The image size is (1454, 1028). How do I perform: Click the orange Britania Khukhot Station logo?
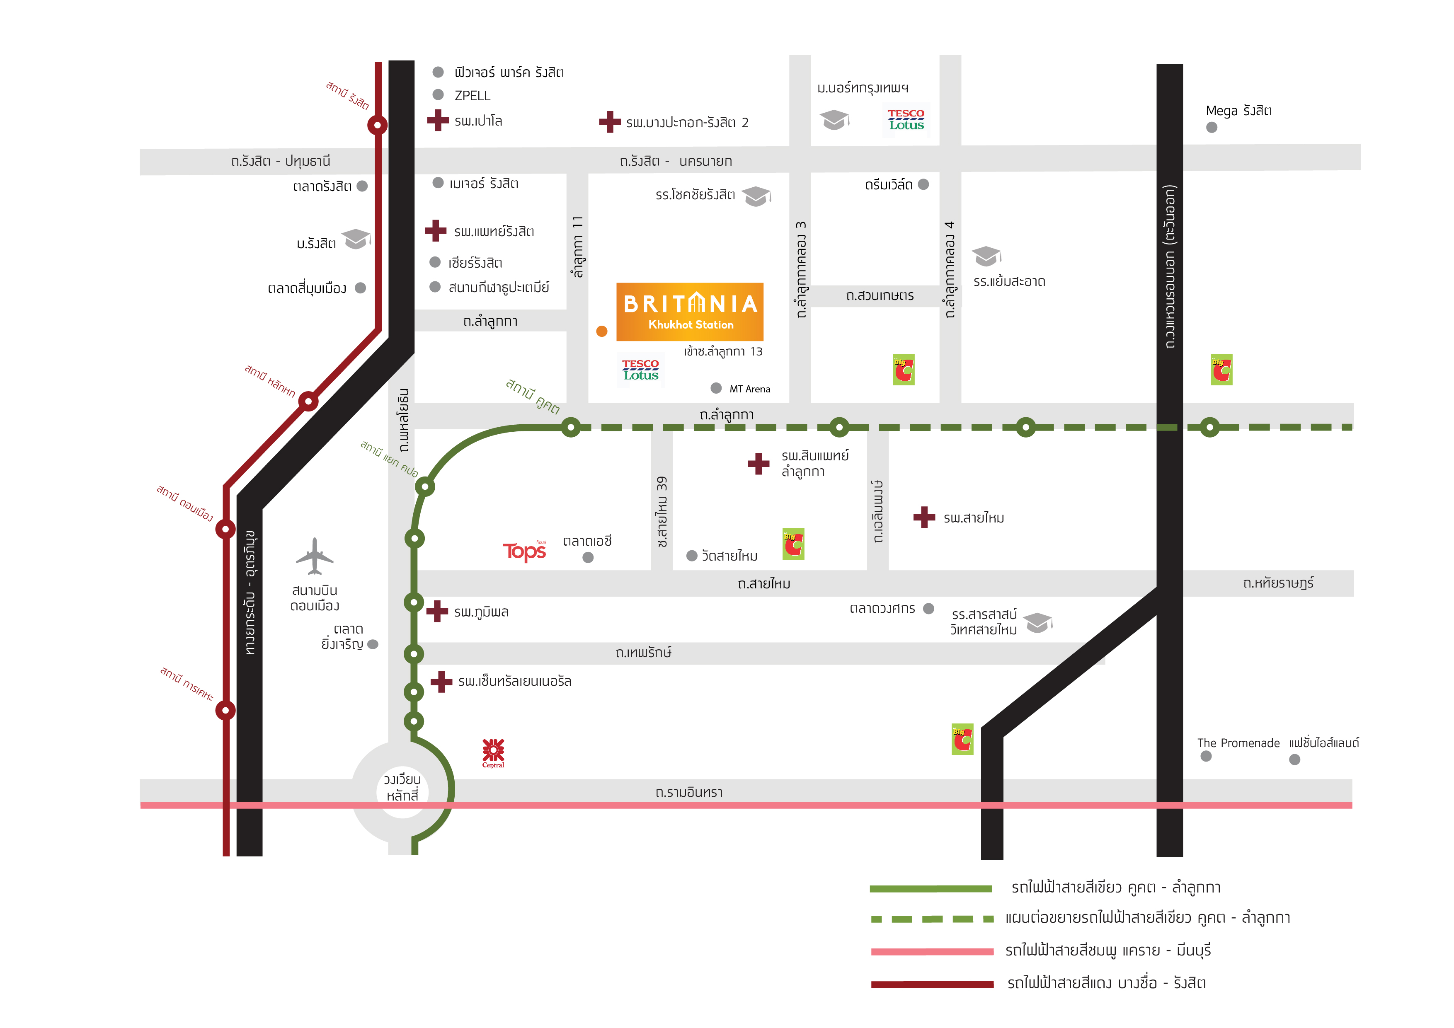pos(690,312)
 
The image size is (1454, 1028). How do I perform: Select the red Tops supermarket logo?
pos(524,551)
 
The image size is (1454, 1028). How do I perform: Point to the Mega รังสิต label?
pos(1239,111)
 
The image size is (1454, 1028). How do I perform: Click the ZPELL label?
pos(473,96)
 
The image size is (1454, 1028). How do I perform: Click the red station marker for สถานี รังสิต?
pos(378,125)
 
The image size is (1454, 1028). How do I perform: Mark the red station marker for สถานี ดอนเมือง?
pos(225,529)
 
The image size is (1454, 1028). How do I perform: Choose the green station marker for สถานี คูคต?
pos(571,427)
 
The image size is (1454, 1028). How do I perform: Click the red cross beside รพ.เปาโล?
pos(438,120)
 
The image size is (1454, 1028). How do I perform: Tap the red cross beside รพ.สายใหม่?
pos(924,517)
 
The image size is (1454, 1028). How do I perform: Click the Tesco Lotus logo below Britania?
pos(640,370)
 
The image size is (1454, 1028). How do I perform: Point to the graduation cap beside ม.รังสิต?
pos(356,239)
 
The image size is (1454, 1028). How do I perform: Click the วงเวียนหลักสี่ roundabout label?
pos(403,787)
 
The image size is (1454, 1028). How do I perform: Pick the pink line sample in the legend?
pos(932,951)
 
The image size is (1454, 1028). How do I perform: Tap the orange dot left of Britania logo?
pos(601,331)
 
